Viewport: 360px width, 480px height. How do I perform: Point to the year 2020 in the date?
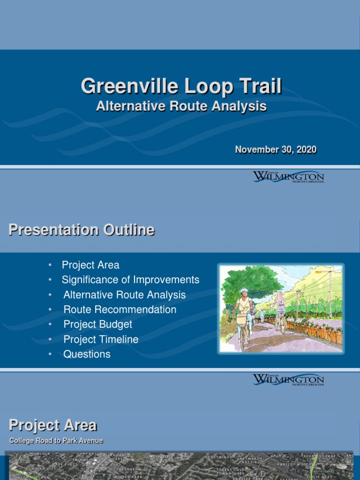(306, 150)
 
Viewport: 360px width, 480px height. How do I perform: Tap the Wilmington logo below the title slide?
(288, 177)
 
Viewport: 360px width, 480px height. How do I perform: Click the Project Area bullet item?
(90, 265)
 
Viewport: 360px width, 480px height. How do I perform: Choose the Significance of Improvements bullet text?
(130, 280)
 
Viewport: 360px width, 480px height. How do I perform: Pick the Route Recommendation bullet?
(120, 309)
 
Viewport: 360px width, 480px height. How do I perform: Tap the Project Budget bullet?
(98, 324)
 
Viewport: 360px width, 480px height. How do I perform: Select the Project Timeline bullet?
(101, 339)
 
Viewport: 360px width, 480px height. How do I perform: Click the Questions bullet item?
(87, 354)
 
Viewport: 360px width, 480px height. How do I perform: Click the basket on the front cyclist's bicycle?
(241, 319)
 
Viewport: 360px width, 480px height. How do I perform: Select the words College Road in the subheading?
(30, 441)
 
